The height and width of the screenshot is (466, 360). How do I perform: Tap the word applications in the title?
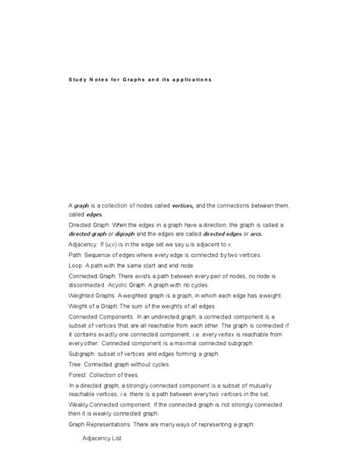tap(190, 80)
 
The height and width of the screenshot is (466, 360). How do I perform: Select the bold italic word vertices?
tap(182, 205)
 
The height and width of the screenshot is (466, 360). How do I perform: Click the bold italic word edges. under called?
tap(94, 215)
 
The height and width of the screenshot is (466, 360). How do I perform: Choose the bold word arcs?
tap(256, 235)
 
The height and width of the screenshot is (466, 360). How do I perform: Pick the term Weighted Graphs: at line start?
tap(93, 294)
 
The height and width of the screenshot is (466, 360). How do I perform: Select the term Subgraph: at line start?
tap(84, 353)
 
